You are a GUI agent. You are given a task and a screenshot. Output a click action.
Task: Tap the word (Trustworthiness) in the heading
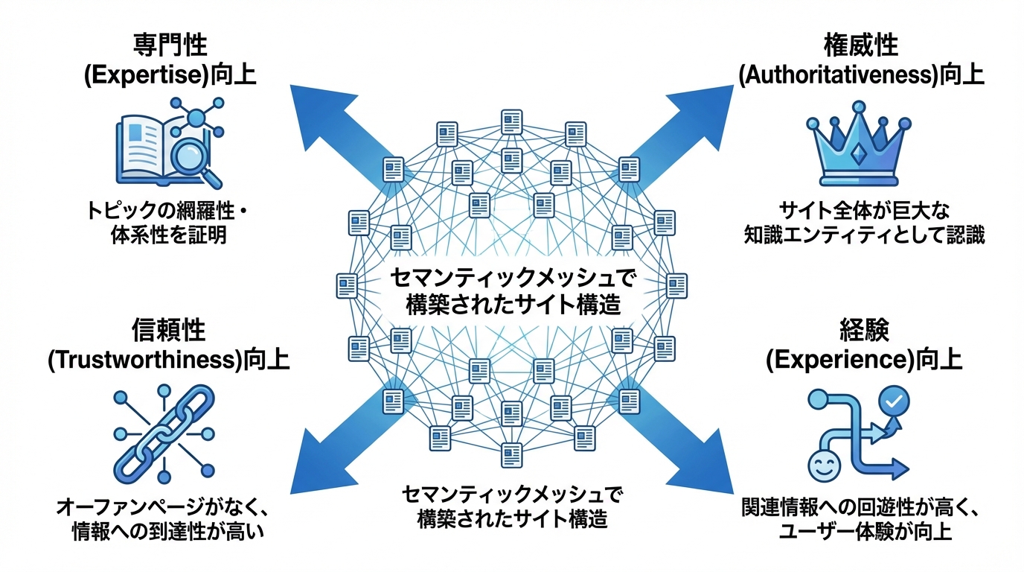[145, 360]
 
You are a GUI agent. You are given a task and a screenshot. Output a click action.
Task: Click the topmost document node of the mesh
[511, 121]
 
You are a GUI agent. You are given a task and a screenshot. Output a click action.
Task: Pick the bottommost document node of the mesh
[511, 453]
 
